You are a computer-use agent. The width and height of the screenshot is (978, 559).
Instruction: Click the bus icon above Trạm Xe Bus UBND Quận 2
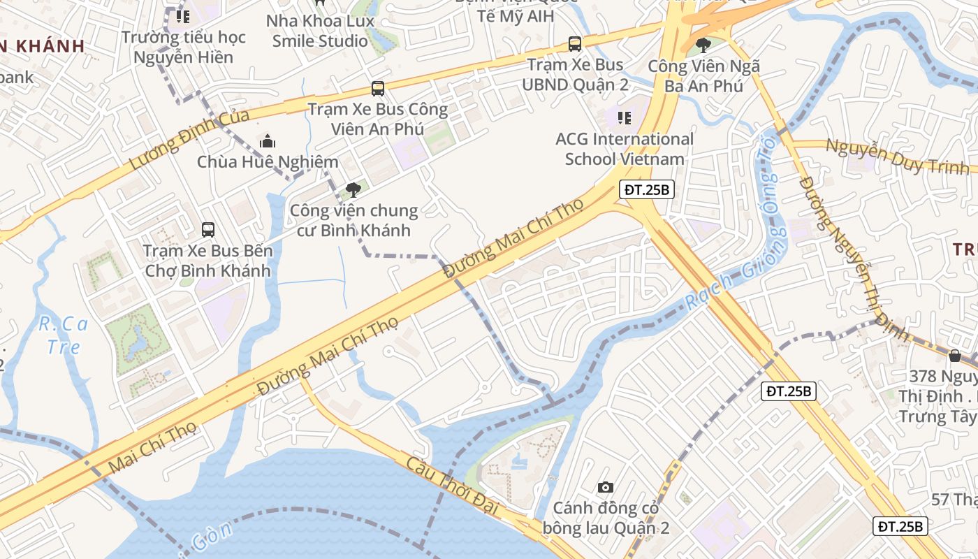pyautogui.click(x=575, y=44)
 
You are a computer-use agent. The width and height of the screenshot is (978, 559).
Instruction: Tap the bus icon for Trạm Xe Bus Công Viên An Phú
pyautogui.click(x=378, y=89)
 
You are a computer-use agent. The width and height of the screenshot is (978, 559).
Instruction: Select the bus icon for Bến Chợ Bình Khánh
pyautogui.click(x=207, y=229)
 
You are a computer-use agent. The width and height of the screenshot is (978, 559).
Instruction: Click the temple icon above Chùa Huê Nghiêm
pyautogui.click(x=267, y=142)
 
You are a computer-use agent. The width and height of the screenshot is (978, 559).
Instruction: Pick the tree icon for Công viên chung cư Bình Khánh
pyautogui.click(x=353, y=189)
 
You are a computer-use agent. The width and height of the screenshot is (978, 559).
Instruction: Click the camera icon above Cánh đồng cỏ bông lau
pyautogui.click(x=606, y=487)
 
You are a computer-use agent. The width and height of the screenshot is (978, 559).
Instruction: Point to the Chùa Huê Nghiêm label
pyautogui.click(x=268, y=162)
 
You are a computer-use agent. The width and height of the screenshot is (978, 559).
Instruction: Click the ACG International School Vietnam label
pyautogui.click(x=625, y=149)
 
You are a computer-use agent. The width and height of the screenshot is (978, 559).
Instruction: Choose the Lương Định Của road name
pyautogui.click(x=189, y=140)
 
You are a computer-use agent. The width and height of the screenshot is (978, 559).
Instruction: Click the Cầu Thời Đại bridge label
pyautogui.click(x=453, y=485)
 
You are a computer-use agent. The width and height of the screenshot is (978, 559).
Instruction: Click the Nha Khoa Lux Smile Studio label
pyautogui.click(x=320, y=31)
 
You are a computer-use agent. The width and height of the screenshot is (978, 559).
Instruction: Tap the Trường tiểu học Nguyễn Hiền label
pyautogui.click(x=184, y=47)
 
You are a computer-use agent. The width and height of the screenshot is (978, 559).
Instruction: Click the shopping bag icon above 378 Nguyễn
pyautogui.click(x=954, y=356)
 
